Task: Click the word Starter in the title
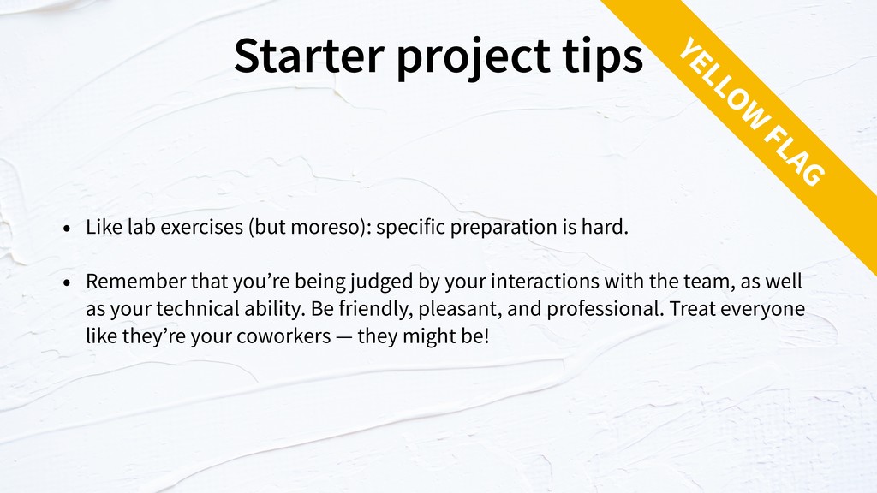point(308,55)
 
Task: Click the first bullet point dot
point(67,228)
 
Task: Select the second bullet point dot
point(67,282)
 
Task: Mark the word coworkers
point(284,336)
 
